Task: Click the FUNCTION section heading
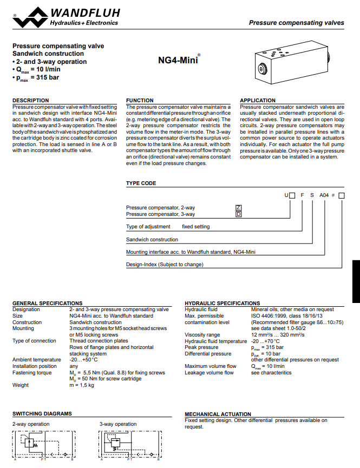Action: pos(140,100)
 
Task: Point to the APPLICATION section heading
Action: pos(258,100)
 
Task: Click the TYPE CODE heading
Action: pos(141,183)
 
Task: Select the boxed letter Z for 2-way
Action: pos(238,208)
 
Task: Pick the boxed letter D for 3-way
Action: pos(238,214)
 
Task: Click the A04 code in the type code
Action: pos(324,195)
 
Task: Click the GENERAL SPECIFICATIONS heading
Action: pos(47,303)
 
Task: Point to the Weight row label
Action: pos(21,385)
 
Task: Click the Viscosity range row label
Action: pos(202,335)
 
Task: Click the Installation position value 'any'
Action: pos(74,366)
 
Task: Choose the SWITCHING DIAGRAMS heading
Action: pos(42,414)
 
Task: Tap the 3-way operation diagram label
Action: pos(118,424)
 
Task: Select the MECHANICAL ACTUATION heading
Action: pos(218,414)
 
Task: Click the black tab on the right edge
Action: pos(356,281)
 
